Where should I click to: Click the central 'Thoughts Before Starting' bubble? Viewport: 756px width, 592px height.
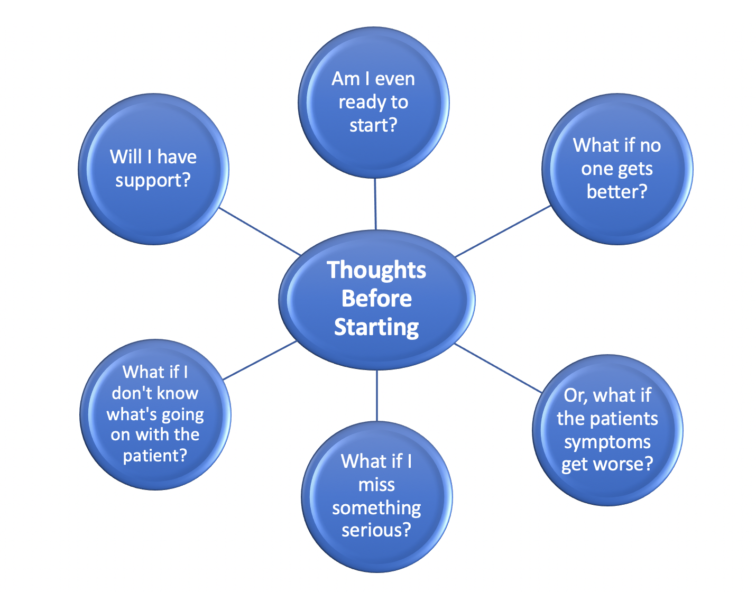pos(376,299)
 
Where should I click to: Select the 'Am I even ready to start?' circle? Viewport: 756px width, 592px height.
pos(374,102)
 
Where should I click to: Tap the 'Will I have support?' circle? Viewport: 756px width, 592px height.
pos(153,169)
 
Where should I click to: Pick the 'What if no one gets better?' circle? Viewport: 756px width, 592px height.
pos(617,169)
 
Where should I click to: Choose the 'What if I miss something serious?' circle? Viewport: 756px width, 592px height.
pos(376,496)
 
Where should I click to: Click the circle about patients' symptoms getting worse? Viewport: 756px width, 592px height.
pos(607,430)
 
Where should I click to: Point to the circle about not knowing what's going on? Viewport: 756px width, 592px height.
pos(155,414)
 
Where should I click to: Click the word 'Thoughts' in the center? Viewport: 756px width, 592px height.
pos(376,270)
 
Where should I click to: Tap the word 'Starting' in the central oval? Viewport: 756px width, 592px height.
pos(376,328)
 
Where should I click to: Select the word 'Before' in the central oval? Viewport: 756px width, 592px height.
pos(376,299)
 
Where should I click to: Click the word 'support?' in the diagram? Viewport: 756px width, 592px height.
pos(153,181)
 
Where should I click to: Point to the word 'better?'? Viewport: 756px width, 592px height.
pos(617,191)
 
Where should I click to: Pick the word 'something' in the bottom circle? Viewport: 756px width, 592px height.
pos(376,508)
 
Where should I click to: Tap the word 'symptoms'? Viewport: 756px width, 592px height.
pos(607,442)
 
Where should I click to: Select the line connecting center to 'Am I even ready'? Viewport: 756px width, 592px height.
pos(375,204)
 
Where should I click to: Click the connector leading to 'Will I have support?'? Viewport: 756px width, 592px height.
pos(259,231)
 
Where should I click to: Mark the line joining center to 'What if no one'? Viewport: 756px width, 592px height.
pos(502,231)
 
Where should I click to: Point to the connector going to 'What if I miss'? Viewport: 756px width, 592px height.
pos(377,395)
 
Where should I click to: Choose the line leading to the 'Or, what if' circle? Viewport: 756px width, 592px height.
pos(498,368)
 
